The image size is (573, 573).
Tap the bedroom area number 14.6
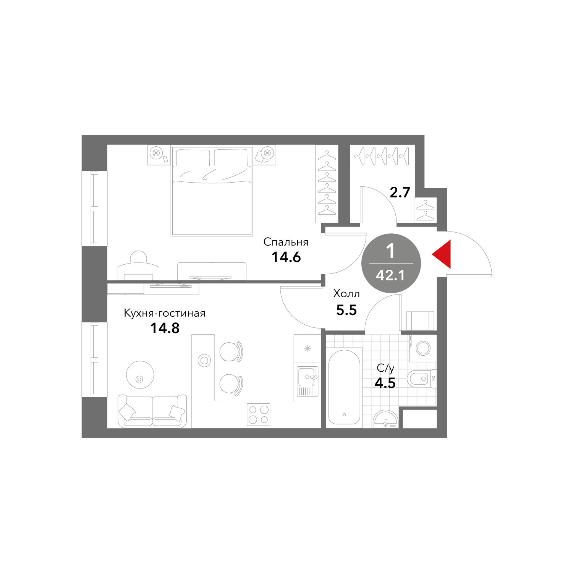coord(286,257)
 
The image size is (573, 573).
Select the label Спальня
coord(286,242)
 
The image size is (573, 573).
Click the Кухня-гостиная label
coord(165,313)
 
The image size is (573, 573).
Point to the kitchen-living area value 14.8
coord(165,328)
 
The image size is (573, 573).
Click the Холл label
coord(346,294)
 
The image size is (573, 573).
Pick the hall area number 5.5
coord(346,310)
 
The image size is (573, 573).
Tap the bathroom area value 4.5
coord(385,383)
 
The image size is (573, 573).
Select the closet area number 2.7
coord(400,192)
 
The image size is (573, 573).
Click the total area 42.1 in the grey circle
coord(390,275)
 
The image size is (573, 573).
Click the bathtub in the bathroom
coord(344,387)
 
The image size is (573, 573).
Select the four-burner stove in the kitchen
coord(259,414)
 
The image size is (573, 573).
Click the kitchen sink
coord(308,381)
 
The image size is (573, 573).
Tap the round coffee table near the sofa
coord(140,375)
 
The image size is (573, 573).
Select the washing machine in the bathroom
coord(423,348)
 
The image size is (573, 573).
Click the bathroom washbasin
coord(386,419)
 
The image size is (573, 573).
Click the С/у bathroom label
coord(385,368)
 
